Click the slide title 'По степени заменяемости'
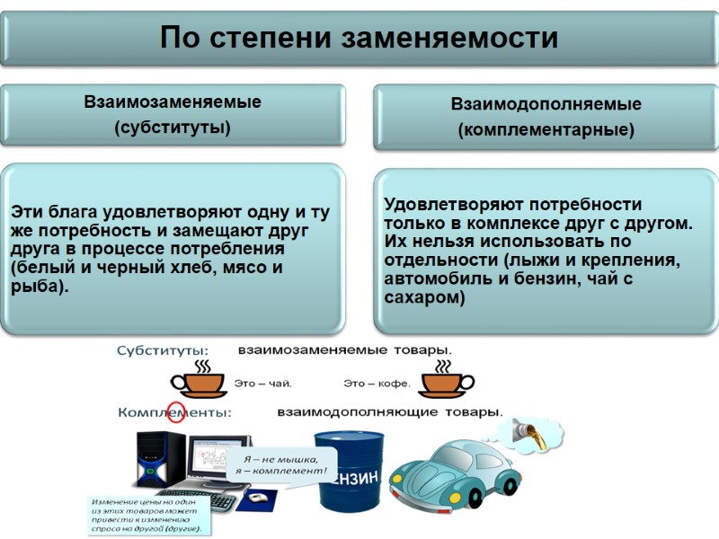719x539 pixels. pyautogui.click(x=359, y=38)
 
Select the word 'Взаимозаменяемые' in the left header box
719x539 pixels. pyautogui.click(x=173, y=102)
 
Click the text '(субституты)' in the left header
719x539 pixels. pyautogui.click(x=173, y=128)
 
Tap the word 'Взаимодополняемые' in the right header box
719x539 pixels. pyautogui.click(x=546, y=105)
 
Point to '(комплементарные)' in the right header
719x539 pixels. pyautogui.click(x=546, y=130)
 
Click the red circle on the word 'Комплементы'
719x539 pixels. pyautogui.click(x=177, y=412)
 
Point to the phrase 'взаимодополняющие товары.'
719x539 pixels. pyautogui.click(x=389, y=412)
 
